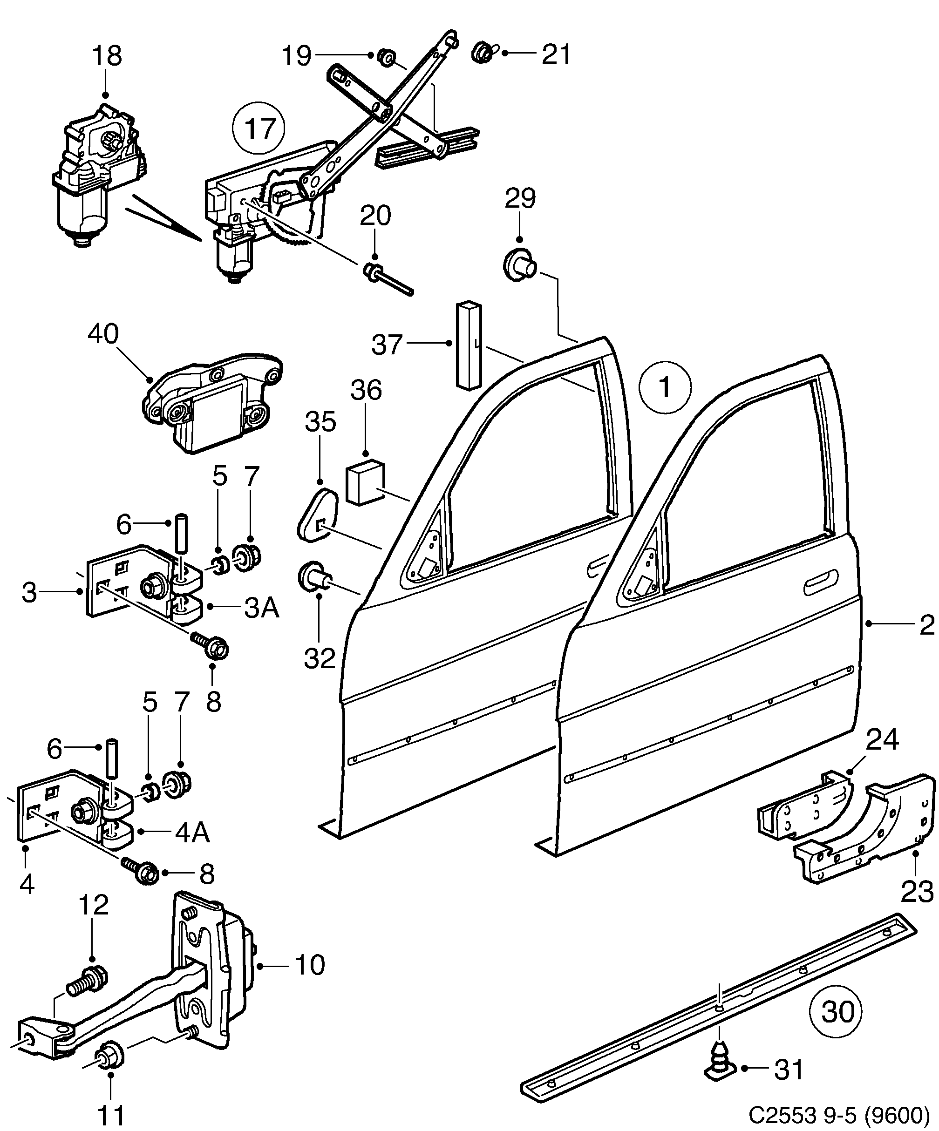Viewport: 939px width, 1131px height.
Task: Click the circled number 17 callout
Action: click(x=259, y=128)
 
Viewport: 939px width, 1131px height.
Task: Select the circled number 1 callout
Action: click(x=665, y=387)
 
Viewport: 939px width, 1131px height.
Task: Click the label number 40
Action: click(x=103, y=334)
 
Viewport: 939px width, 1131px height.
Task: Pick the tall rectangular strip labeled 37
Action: click(x=468, y=344)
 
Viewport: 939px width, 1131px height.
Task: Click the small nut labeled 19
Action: click(x=386, y=56)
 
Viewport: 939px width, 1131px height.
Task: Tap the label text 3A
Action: click(x=262, y=608)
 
